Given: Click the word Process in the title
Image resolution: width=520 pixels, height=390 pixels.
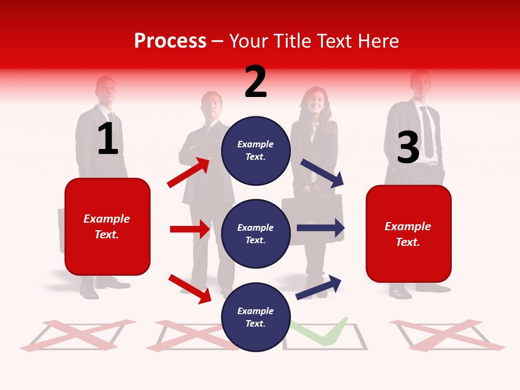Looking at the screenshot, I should [170, 41].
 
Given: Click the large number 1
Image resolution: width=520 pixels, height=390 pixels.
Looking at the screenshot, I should [108, 139].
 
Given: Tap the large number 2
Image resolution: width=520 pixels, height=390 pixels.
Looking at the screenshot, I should [256, 82].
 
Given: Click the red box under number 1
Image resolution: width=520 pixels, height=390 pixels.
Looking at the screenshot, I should [107, 226].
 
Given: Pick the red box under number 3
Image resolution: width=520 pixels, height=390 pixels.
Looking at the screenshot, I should [408, 233].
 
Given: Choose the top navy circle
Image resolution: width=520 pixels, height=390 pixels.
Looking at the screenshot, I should [256, 150].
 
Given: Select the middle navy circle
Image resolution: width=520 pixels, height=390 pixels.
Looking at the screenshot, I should [256, 233].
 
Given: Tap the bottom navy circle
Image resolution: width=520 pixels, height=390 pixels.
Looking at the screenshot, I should [256, 317].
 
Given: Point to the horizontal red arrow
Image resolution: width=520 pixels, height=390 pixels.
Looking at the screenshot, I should [190, 229].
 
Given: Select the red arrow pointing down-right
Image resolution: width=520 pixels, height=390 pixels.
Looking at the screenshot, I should [190, 288].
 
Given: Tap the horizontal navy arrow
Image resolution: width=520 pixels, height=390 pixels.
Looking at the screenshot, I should [320, 228].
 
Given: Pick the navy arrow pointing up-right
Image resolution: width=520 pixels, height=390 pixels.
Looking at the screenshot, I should [319, 287].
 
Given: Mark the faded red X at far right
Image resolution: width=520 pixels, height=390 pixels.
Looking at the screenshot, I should [447, 334].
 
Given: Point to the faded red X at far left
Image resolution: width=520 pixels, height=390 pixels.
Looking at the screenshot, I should [77, 334].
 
